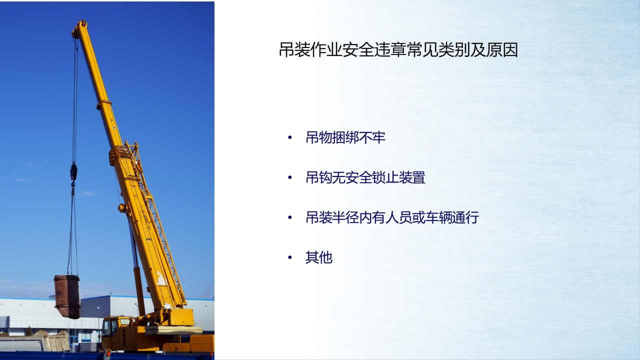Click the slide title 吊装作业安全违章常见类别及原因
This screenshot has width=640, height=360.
[x=398, y=49]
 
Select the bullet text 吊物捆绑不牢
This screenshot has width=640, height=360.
[x=345, y=137]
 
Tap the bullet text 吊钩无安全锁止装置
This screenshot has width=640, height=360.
[x=365, y=177]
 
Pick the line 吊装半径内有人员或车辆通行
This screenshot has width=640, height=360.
[x=392, y=217]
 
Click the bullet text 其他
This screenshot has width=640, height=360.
[x=319, y=257]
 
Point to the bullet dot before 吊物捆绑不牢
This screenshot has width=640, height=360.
[x=290, y=137]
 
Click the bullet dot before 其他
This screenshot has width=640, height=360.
[x=290, y=257]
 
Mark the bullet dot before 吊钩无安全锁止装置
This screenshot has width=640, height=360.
[x=290, y=177]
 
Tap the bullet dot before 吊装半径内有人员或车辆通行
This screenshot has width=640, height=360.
[x=290, y=217]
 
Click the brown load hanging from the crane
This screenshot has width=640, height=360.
[x=67, y=296]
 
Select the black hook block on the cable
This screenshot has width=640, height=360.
[x=73, y=171]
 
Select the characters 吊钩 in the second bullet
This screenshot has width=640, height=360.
[x=319, y=177]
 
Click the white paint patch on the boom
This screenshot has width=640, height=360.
[x=161, y=278]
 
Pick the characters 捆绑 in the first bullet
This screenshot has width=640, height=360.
[x=345, y=137]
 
